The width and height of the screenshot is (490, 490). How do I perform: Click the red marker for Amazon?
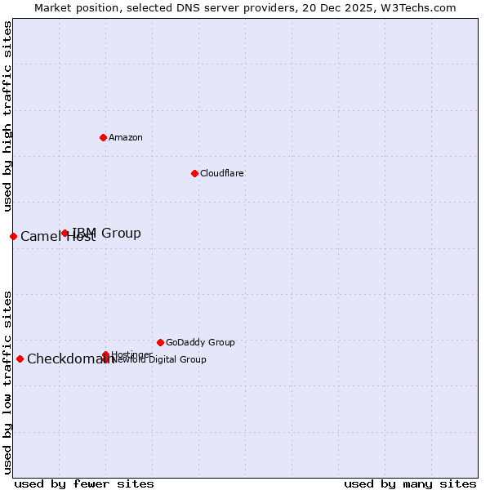pyautogui.click(x=103, y=137)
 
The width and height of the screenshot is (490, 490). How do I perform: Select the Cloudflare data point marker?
pyautogui.click(x=194, y=173)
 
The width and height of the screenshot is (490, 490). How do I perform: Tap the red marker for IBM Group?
pyautogui.click(x=65, y=234)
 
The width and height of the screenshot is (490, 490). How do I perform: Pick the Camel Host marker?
pyautogui.click(x=13, y=237)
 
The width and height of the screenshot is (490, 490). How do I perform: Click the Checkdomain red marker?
pyautogui.click(x=20, y=359)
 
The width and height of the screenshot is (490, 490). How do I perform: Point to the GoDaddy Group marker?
pyautogui.click(x=160, y=342)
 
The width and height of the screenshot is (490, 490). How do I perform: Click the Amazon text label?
pyautogui.click(x=126, y=137)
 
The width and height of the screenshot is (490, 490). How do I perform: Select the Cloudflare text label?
pyautogui.click(x=222, y=173)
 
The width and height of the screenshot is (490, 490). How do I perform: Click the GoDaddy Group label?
pyautogui.click(x=200, y=342)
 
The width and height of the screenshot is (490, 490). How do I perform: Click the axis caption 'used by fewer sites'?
pyautogui.click(x=84, y=484)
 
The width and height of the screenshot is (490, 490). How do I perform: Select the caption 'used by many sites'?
pyautogui.click(x=410, y=484)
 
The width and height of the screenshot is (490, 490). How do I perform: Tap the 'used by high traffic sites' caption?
pyautogui.click(x=7, y=116)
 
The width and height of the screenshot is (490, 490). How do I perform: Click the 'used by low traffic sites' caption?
pyautogui.click(x=7, y=381)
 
